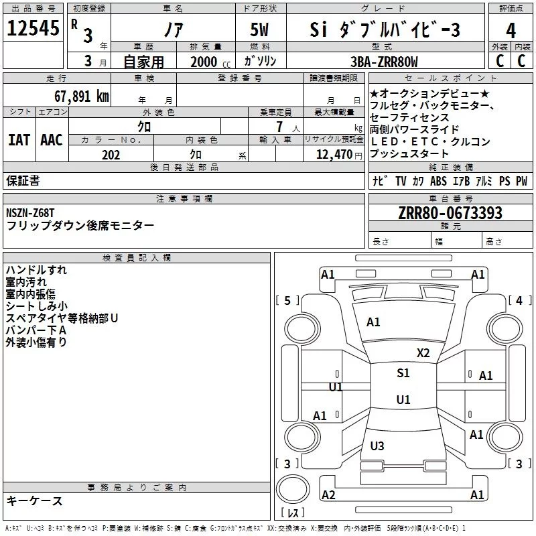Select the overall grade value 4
[x=511, y=30]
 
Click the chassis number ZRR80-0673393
[x=450, y=213]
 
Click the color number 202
[x=111, y=155]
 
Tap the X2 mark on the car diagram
[x=423, y=353]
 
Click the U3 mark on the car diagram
[x=377, y=446]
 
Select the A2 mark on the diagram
[x=328, y=495]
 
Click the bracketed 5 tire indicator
[x=287, y=301]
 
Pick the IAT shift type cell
[x=19, y=140]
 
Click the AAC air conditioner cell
[x=51, y=140]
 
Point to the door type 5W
[x=261, y=30]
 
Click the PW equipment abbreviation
[x=521, y=181]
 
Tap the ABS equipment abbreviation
[x=438, y=181]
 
